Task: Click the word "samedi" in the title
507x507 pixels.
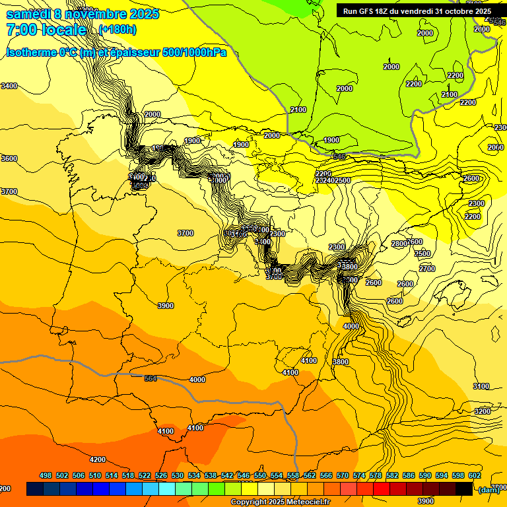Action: click(x=29, y=14)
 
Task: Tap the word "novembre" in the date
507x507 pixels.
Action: click(x=96, y=14)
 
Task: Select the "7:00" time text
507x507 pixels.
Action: click(x=20, y=30)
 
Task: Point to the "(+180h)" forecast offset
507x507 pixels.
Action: click(x=118, y=30)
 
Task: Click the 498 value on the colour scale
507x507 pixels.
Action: click(x=46, y=475)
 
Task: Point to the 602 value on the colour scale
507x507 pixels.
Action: click(x=475, y=475)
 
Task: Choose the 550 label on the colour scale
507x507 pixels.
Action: click(x=260, y=475)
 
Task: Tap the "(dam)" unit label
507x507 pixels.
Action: click(x=489, y=489)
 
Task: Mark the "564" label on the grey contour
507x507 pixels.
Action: click(x=151, y=378)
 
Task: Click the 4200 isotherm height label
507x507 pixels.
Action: click(x=98, y=459)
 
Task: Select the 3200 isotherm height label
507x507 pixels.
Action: click(x=483, y=411)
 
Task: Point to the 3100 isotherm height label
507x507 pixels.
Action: click(x=481, y=386)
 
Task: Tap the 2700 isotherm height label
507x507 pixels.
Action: click(x=427, y=269)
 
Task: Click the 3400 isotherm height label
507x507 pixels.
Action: click(x=9, y=86)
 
